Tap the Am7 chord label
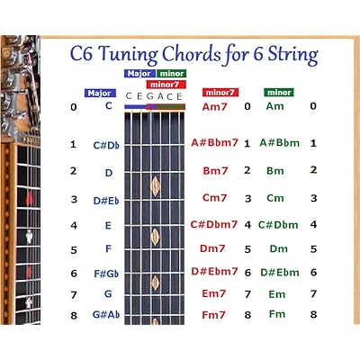pos(215,107)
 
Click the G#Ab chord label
pos(107,314)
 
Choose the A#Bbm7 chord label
pos(214,142)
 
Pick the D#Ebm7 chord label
pos(214,271)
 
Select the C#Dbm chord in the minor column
pos(277,225)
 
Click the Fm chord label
pos(277,314)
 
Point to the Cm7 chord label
pos(215,198)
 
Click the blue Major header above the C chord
pos(99,93)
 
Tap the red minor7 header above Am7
pos(220,93)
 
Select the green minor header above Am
pos(279,93)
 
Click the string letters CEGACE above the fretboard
pos(154,96)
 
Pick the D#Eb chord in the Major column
pos(107,201)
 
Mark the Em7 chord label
pos(214,292)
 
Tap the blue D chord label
pos(108,173)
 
